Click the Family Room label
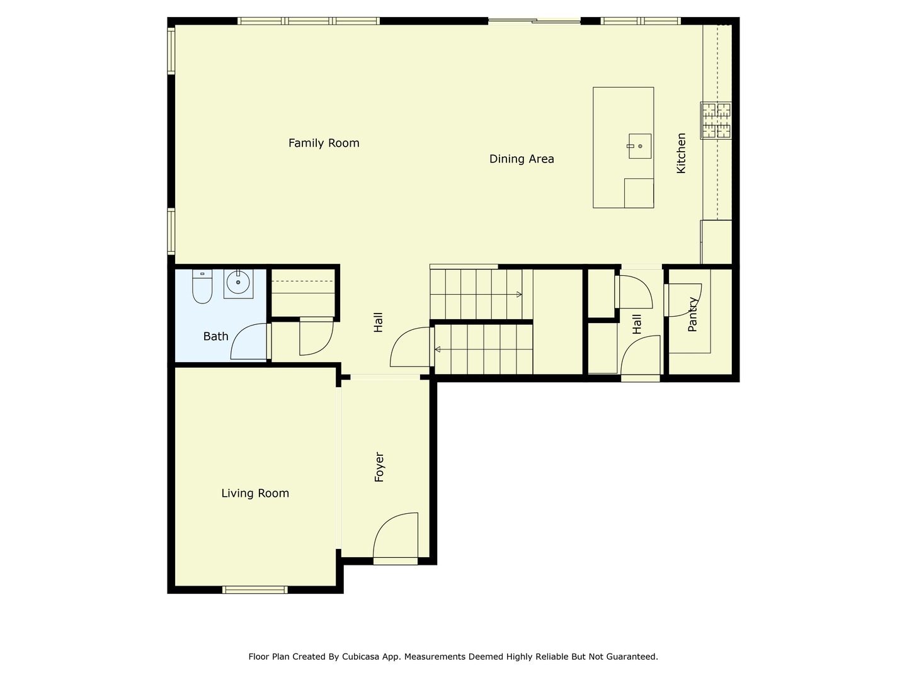click(324, 143)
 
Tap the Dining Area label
click(522, 159)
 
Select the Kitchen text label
click(681, 153)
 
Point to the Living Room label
click(255, 493)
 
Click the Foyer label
click(379, 467)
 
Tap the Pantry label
click(693, 314)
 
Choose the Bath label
click(215, 336)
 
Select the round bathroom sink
click(238, 283)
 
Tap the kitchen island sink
click(639, 146)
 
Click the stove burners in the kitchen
click(717, 120)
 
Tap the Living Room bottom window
click(255, 590)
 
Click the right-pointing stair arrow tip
click(520, 295)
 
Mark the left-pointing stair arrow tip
click(436, 349)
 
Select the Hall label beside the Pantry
click(637, 324)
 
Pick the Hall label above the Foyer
click(379, 322)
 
